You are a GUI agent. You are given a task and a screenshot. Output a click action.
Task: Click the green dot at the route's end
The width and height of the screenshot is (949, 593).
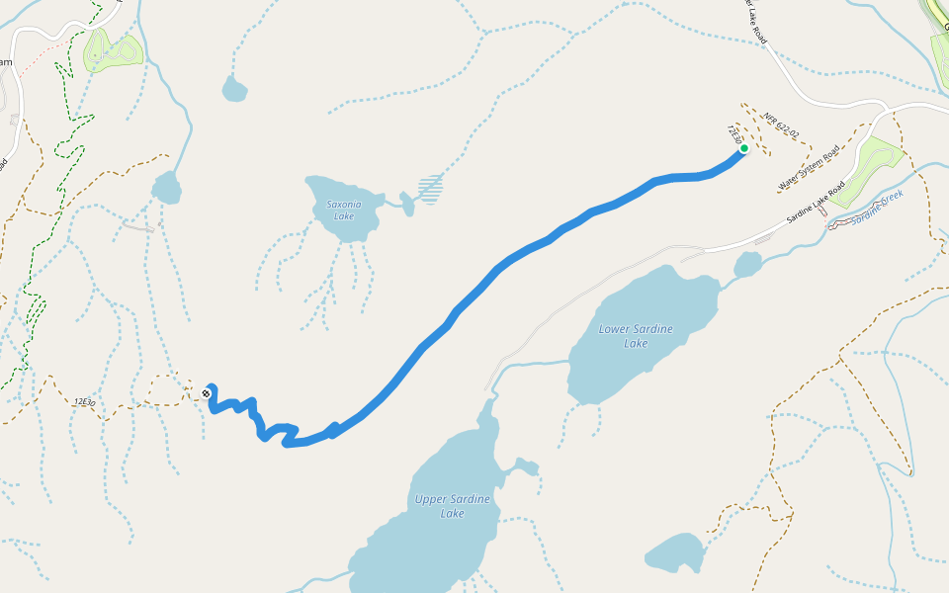tap(743, 149)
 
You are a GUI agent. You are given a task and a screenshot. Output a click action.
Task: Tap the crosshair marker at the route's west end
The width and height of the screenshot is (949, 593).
tap(207, 393)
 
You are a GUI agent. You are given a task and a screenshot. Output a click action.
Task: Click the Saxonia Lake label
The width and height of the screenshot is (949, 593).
tap(343, 211)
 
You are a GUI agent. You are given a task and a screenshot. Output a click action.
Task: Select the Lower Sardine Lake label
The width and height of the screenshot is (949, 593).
tap(638, 336)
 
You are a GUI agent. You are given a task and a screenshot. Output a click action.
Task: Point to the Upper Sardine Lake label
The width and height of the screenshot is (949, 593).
tap(452, 506)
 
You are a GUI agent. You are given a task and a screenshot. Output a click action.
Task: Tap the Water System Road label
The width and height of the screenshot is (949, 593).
tap(808, 168)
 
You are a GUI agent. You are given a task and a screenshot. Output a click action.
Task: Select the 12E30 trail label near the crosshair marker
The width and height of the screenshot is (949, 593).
tap(84, 401)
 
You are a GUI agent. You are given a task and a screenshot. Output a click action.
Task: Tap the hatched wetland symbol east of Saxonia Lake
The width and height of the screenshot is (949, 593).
tap(429, 188)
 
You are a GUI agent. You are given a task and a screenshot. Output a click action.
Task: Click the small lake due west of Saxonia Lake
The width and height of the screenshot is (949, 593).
tap(166, 187)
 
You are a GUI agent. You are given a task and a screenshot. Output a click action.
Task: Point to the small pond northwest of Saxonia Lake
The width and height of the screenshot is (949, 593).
tap(234, 89)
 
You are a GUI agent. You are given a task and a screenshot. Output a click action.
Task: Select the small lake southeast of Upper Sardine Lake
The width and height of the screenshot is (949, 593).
tap(675, 553)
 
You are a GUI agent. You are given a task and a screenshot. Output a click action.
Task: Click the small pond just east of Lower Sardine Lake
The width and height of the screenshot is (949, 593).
tap(748, 264)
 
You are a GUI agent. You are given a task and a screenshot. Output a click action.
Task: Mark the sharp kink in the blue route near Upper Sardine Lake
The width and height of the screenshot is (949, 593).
tap(333, 428)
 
